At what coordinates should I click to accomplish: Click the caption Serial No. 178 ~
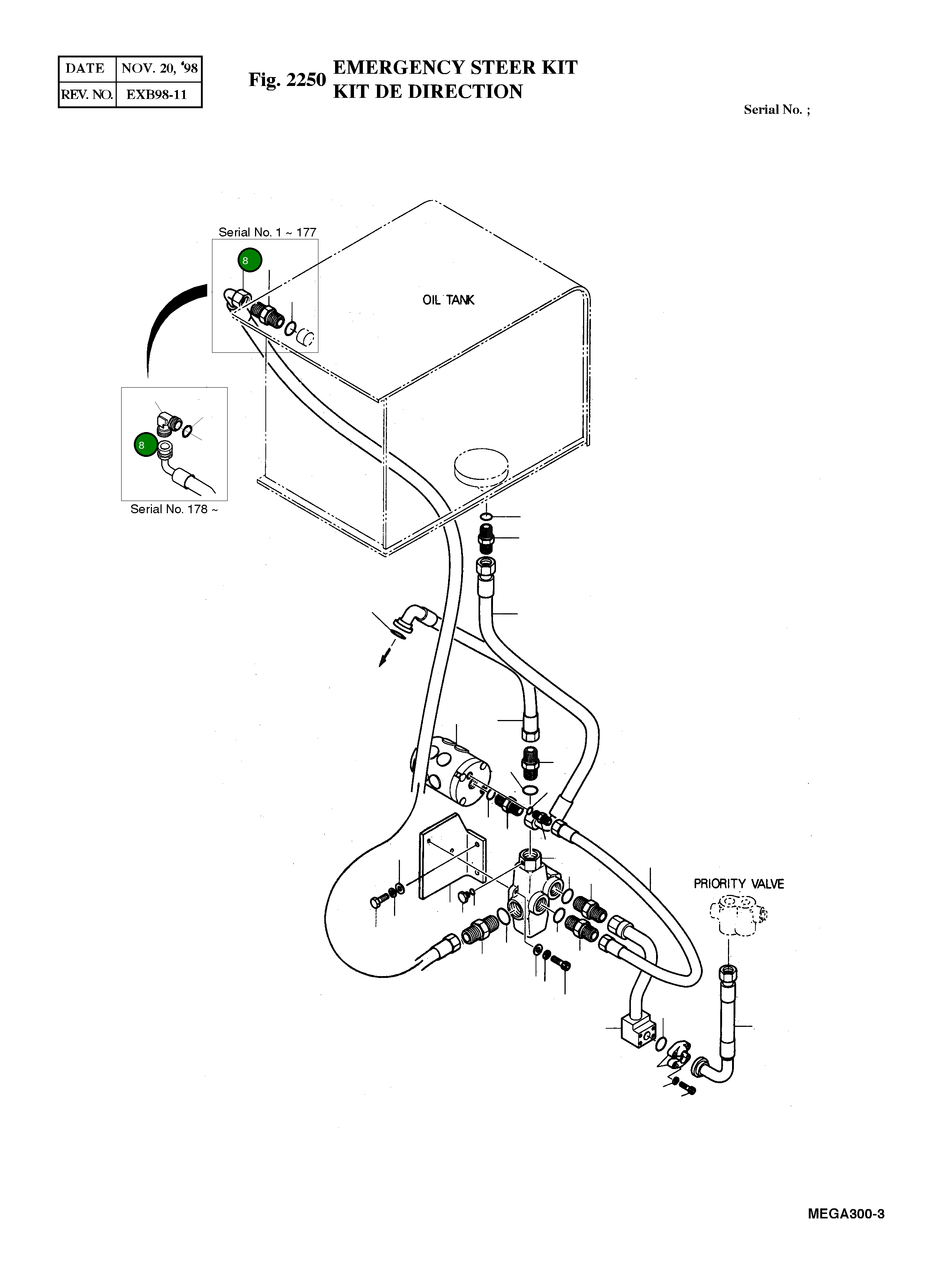tap(173, 509)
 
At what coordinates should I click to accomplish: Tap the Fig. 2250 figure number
tap(287, 80)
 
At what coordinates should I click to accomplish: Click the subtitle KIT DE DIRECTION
tap(427, 92)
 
